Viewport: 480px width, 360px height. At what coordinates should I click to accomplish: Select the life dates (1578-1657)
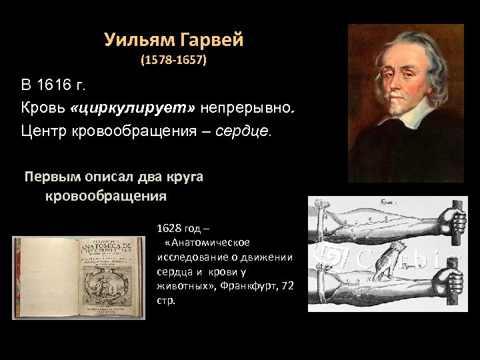[174, 61]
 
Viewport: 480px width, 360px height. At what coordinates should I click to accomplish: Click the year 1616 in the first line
[59, 86]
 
